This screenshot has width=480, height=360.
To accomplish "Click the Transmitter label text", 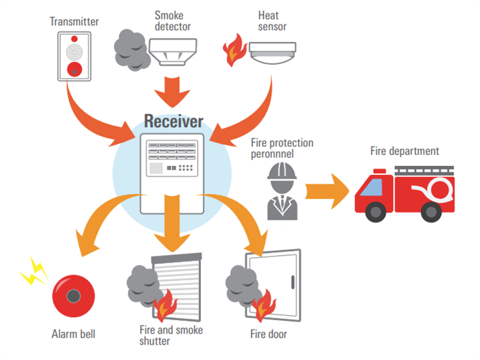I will click(x=74, y=22).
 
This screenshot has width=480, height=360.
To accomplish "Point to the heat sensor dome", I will click(x=273, y=54).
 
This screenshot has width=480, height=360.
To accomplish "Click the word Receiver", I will click(x=173, y=121).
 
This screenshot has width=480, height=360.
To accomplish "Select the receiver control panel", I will click(x=172, y=172).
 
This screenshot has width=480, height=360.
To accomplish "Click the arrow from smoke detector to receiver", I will click(x=173, y=90).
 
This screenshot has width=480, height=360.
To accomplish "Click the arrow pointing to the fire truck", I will click(x=326, y=191).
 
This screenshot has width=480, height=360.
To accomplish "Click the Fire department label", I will click(x=404, y=151).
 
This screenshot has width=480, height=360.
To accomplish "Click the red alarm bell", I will click(x=73, y=296).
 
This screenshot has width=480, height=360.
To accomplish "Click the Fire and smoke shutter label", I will click(x=171, y=335).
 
